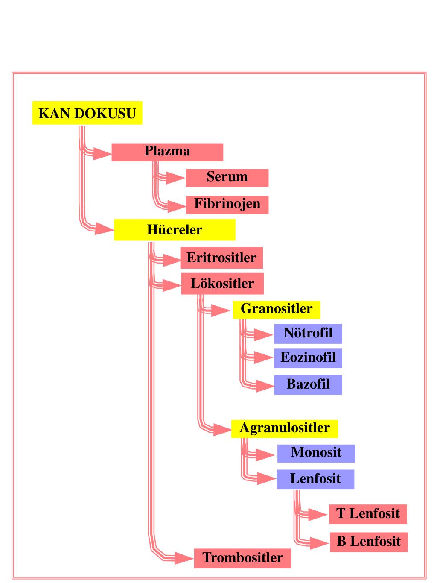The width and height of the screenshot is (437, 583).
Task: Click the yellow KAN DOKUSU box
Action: coord(87,113)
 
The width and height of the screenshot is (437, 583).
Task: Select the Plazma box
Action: coord(167,152)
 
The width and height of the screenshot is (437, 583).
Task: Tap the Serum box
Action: coord(227,178)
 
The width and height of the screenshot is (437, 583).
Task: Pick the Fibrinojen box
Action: coord(227,205)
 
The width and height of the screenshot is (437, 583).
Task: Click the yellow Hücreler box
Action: coord(175,230)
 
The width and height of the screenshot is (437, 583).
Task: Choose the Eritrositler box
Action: coord(221,258)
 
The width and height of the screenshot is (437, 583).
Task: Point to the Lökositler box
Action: coord(222,284)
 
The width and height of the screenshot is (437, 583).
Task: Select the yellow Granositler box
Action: coord(277,310)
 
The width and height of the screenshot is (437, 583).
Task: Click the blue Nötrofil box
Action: coord(308,334)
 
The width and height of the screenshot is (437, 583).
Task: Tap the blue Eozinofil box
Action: coord(308,358)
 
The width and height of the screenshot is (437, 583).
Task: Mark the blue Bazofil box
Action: coord(308,385)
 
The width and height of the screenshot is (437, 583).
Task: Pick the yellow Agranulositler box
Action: coord(285,429)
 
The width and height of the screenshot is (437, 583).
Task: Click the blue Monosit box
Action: coord(316,454)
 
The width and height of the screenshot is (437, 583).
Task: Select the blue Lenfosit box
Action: coord(315,479)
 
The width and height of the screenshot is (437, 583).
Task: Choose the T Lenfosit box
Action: coord(368,514)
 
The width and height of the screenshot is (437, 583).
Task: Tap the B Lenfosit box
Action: coord(369,542)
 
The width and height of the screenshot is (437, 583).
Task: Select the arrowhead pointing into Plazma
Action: coord(102,154)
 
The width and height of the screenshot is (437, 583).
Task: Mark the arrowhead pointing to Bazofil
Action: coord(265,386)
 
